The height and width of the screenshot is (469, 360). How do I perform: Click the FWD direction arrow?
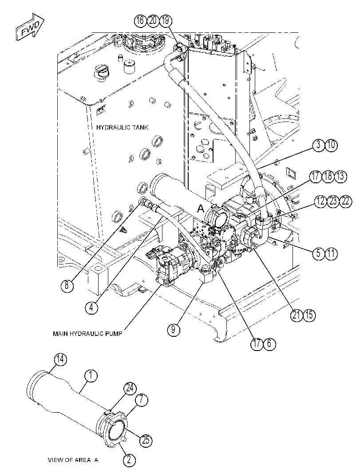point(30,27)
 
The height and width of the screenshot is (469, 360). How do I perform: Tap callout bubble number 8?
point(67,285)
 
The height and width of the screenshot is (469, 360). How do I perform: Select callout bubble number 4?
point(91,307)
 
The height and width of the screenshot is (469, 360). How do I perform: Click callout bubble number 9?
point(174,330)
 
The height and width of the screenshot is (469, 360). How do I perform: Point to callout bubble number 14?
point(61,359)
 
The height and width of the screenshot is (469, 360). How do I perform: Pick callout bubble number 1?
point(91,376)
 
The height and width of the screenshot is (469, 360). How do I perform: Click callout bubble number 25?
point(146,440)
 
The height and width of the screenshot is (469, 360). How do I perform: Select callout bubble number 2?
point(129,460)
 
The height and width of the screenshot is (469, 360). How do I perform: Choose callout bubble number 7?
point(142,400)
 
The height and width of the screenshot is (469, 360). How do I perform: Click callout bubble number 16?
point(140,21)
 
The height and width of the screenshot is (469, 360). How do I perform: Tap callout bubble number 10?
point(331,145)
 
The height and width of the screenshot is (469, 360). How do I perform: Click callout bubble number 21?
point(297,315)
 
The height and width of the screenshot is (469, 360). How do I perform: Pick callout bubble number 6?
point(269,343)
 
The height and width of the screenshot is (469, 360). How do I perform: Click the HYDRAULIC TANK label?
point(122,127)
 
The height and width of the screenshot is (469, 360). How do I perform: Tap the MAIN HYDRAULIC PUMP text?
point(87,334)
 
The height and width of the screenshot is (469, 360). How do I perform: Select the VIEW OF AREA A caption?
point(73,460)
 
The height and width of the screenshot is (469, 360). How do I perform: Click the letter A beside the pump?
point(201,209)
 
